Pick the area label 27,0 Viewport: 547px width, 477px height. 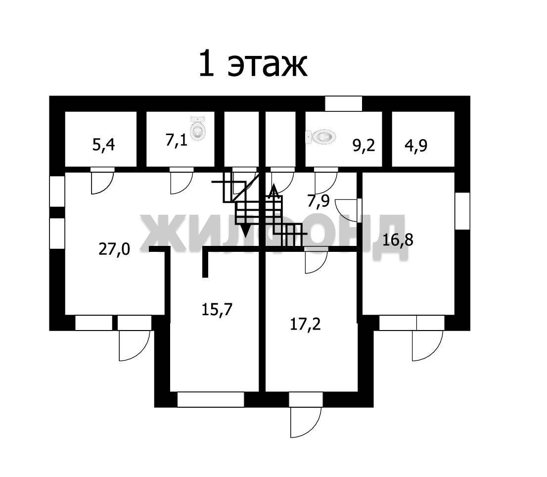click(114, 249)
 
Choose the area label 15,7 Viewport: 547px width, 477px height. click(217, 309)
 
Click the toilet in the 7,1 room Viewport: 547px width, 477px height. click(198, 129)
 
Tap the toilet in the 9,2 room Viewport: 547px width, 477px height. click(321, 136)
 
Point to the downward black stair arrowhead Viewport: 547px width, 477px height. click(245, 231)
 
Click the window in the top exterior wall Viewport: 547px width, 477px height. click(343, 103)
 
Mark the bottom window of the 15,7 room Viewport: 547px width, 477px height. click(211, 399)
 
